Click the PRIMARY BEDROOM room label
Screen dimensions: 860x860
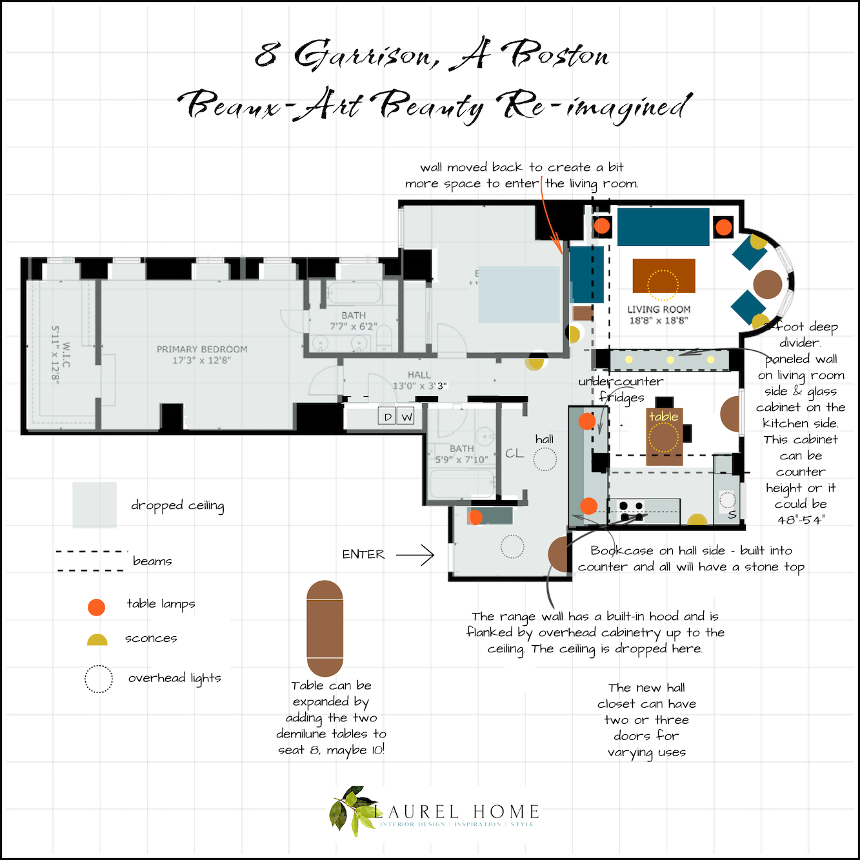click(201, 354)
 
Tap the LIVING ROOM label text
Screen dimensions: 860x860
click(659, 315)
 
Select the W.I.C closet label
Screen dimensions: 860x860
click(61, 355)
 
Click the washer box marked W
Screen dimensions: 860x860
click(406, 417)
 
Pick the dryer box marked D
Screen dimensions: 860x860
click(387, 417)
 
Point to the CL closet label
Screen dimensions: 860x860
click(514, 454)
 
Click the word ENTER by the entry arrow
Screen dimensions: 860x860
click(363, 554)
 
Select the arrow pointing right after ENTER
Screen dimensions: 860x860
click(415, 554)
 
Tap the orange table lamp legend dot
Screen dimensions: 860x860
click(96, 606)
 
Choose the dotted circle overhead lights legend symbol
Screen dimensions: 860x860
click(99, 679)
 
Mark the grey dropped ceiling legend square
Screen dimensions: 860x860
click(94, 505)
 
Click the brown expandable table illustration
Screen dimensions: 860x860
click(325, 628)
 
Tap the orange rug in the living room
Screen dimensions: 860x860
click(663, 275)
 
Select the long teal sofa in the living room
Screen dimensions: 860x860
click(663, 226)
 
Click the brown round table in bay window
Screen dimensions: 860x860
click(767, 283)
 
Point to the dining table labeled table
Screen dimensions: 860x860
click(664, 436)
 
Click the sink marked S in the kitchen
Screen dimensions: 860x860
click(728, 506)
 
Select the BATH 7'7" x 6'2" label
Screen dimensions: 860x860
click(353, 321)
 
